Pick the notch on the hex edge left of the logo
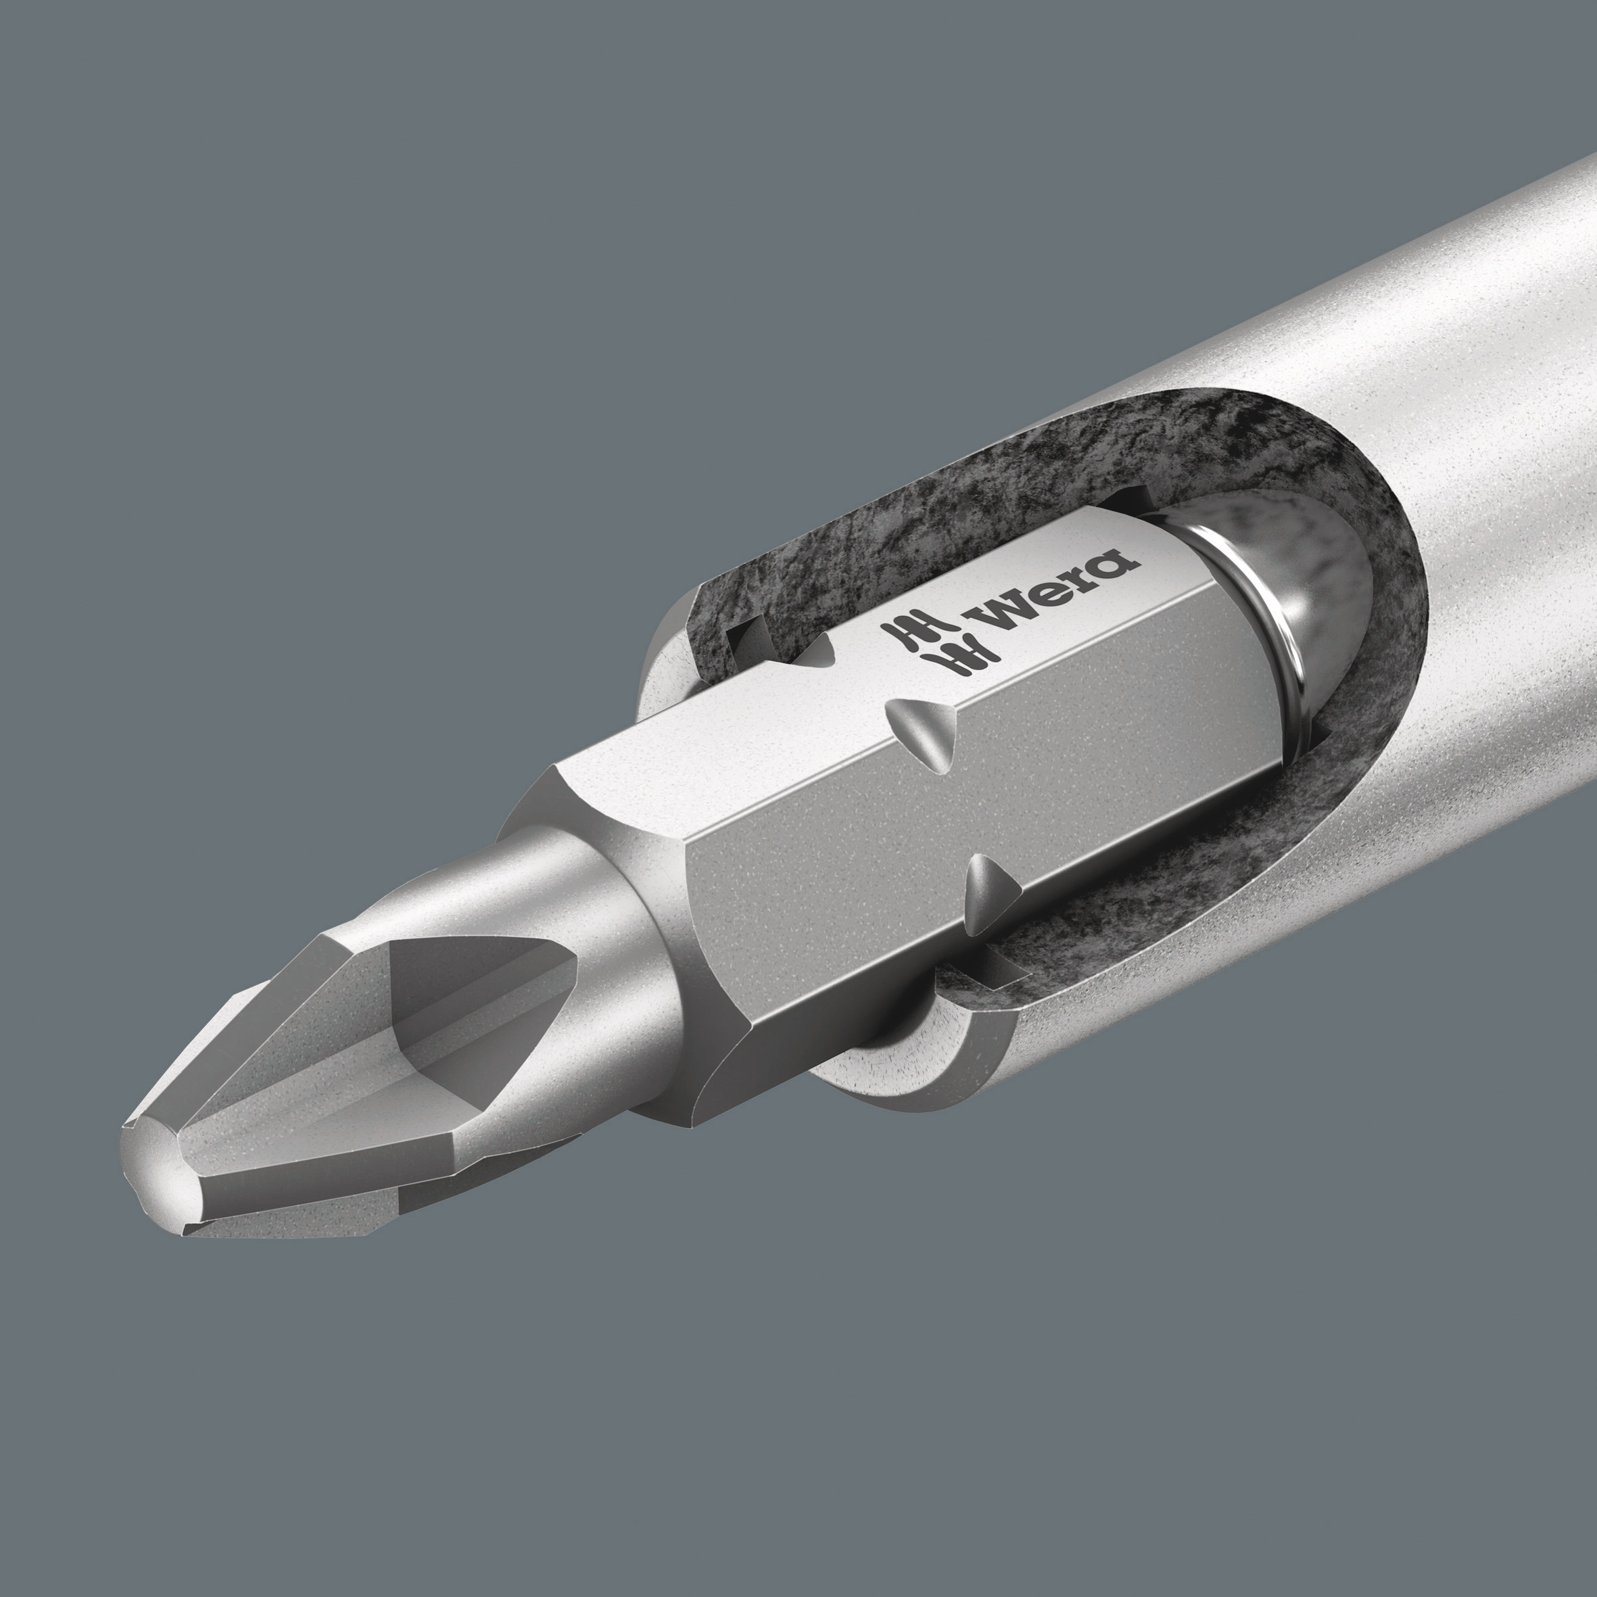tap(818, 657)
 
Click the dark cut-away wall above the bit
tap(951, 513)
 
